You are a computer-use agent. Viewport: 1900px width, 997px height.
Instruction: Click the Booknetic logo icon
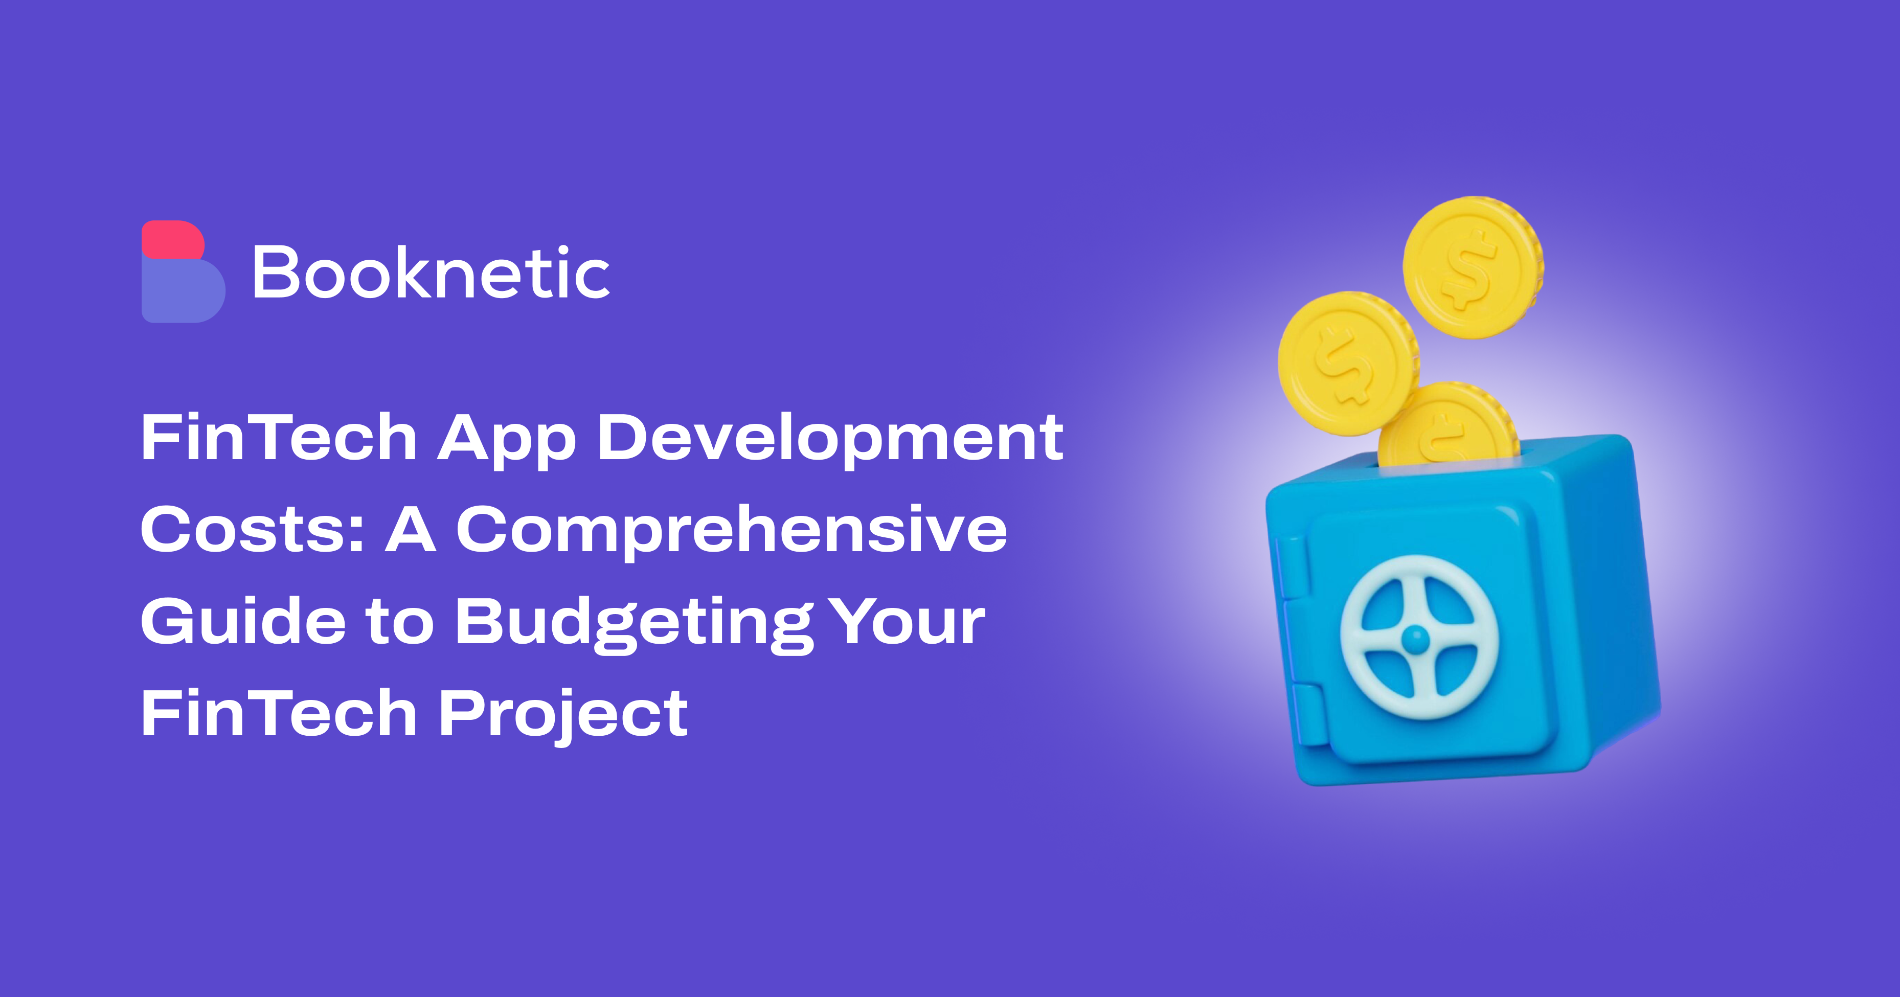[x=183, y=271]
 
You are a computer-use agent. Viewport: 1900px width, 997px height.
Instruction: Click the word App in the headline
[x=507, y=440]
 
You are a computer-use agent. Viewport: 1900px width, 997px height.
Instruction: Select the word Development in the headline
[x=830, y=440]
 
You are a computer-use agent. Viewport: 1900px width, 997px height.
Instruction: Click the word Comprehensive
[x=732, y=532]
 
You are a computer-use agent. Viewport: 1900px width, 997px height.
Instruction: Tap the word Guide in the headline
[x=243, y=620]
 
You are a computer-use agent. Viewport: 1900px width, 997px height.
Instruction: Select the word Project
[x=563, y=715]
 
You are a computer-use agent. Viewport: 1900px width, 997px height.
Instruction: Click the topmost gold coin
[x=1473, y=267]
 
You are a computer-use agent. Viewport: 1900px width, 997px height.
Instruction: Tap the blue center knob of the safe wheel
[x=1415, y=639]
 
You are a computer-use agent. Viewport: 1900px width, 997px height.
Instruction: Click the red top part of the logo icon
[x=173, y=240]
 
